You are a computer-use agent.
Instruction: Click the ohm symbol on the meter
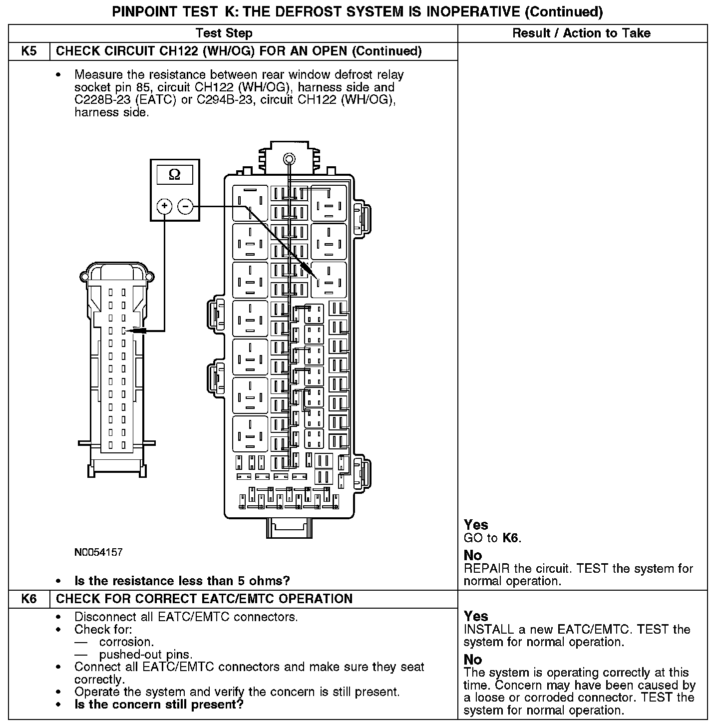[174, 174]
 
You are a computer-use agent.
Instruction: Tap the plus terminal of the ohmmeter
[164, 206]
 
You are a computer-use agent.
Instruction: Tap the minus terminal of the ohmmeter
[185, 206]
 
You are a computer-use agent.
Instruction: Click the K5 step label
[29, 51]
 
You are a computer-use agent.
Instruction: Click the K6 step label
[29, 599]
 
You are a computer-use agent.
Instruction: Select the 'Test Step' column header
[224, 33]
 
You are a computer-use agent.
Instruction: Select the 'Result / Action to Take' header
[581, 33]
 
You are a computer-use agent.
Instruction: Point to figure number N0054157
[98, 552]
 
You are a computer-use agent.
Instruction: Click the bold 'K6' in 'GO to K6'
[510, 538]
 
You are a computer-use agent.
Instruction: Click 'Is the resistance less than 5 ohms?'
[182, 581]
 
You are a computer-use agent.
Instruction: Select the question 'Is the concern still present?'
[159, 705]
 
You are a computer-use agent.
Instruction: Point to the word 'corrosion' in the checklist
[126, 642]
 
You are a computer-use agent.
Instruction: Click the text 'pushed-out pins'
[145, 654]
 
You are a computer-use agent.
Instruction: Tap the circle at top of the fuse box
[289, 159]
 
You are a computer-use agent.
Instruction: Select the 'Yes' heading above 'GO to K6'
[476, 525]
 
